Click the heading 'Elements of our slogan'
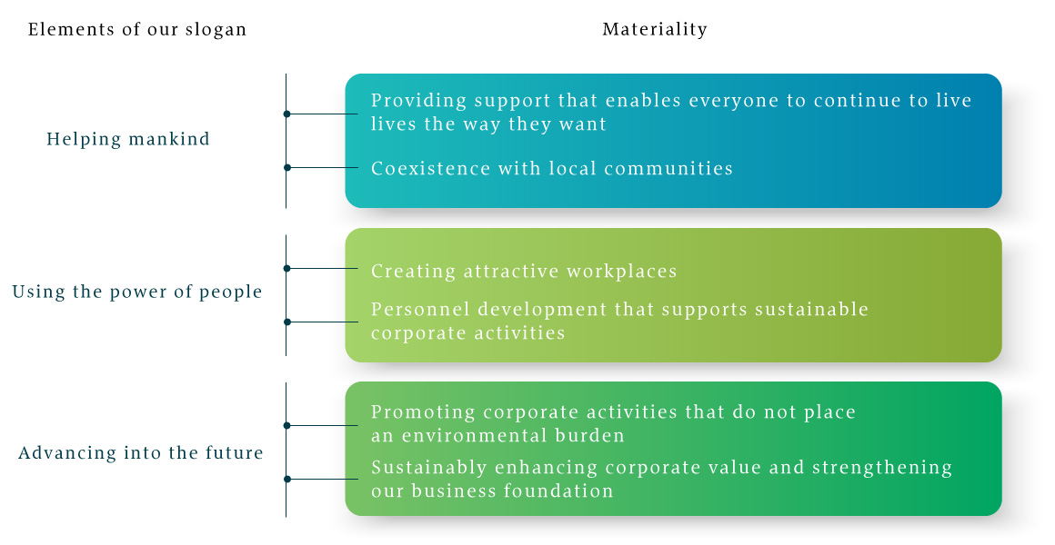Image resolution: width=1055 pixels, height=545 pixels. click(x=137, y=30)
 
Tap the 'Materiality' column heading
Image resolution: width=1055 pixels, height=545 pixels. click(x=655, y=30)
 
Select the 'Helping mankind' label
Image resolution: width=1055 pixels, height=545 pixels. click(x=128, y=139)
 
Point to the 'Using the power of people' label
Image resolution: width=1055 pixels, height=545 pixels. click(x=137, y=292)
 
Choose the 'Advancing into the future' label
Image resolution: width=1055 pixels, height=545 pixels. click(x=141, y=452)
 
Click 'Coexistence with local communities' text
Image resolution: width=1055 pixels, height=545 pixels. click(x=552, y=168)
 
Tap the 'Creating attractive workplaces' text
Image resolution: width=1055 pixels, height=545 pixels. click(x=524, y=271)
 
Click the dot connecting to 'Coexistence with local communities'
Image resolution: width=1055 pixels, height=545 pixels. click(x=286, y=167)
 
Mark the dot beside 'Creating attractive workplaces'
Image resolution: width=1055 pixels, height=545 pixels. click(x=286, y=268)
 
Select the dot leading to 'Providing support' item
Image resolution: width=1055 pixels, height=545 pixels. click(x=286, y=114)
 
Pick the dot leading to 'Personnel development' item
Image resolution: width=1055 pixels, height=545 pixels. click(x=286, y=322)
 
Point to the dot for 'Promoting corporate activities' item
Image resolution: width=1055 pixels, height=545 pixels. click(x=286, y=425)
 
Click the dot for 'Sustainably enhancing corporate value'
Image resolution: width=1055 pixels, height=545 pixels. click(x=286, y=479)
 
